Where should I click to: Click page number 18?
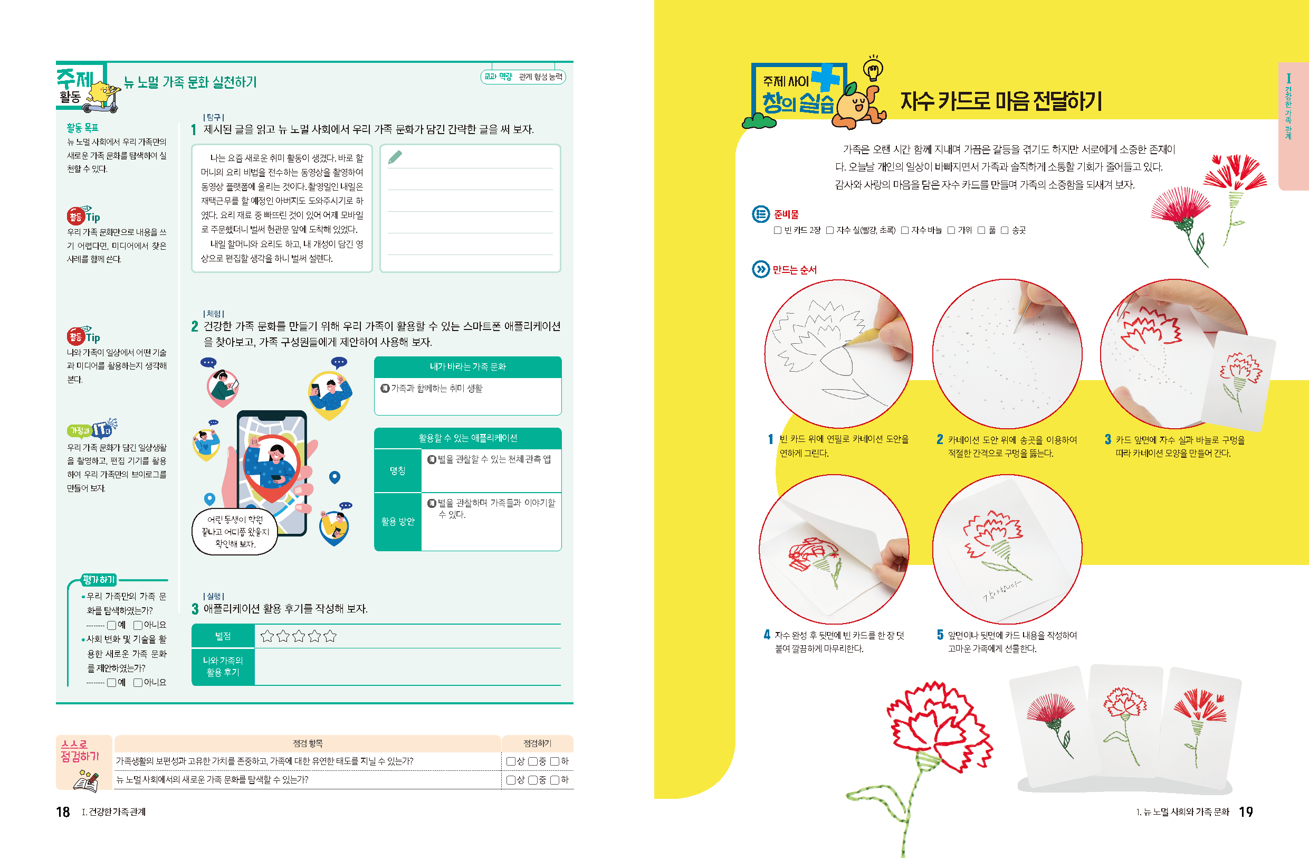[x=63, y=812]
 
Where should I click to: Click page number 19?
[x=1246, y=812]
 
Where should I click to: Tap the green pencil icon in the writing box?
[x=395, y=157]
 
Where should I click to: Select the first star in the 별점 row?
[x=267, y=636]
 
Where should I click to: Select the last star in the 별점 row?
[x=330, y=636]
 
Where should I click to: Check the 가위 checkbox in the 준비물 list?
[x=951, y=230]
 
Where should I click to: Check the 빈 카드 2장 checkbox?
[x=777, y=230]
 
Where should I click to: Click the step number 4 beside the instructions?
[x=767, y=635]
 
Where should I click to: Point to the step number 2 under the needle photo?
[x=940, y=439]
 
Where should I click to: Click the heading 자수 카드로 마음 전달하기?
[x=1001, y=101]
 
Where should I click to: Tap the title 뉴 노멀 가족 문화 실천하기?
[x=190, y=82]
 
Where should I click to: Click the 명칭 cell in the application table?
[x=398, y=470]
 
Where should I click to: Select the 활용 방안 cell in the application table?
[x=398, y=521]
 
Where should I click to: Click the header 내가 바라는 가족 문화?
[x=467, y=366]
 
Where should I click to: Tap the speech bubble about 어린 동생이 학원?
[x=235, y=532]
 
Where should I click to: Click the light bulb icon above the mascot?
[x=873, y=68]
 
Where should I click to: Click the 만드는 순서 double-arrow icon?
[x=760, y=269]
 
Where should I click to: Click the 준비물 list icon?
[x=761, y=214]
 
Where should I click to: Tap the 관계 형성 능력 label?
[x=541, y=77]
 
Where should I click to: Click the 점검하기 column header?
[x=537, y=743]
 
